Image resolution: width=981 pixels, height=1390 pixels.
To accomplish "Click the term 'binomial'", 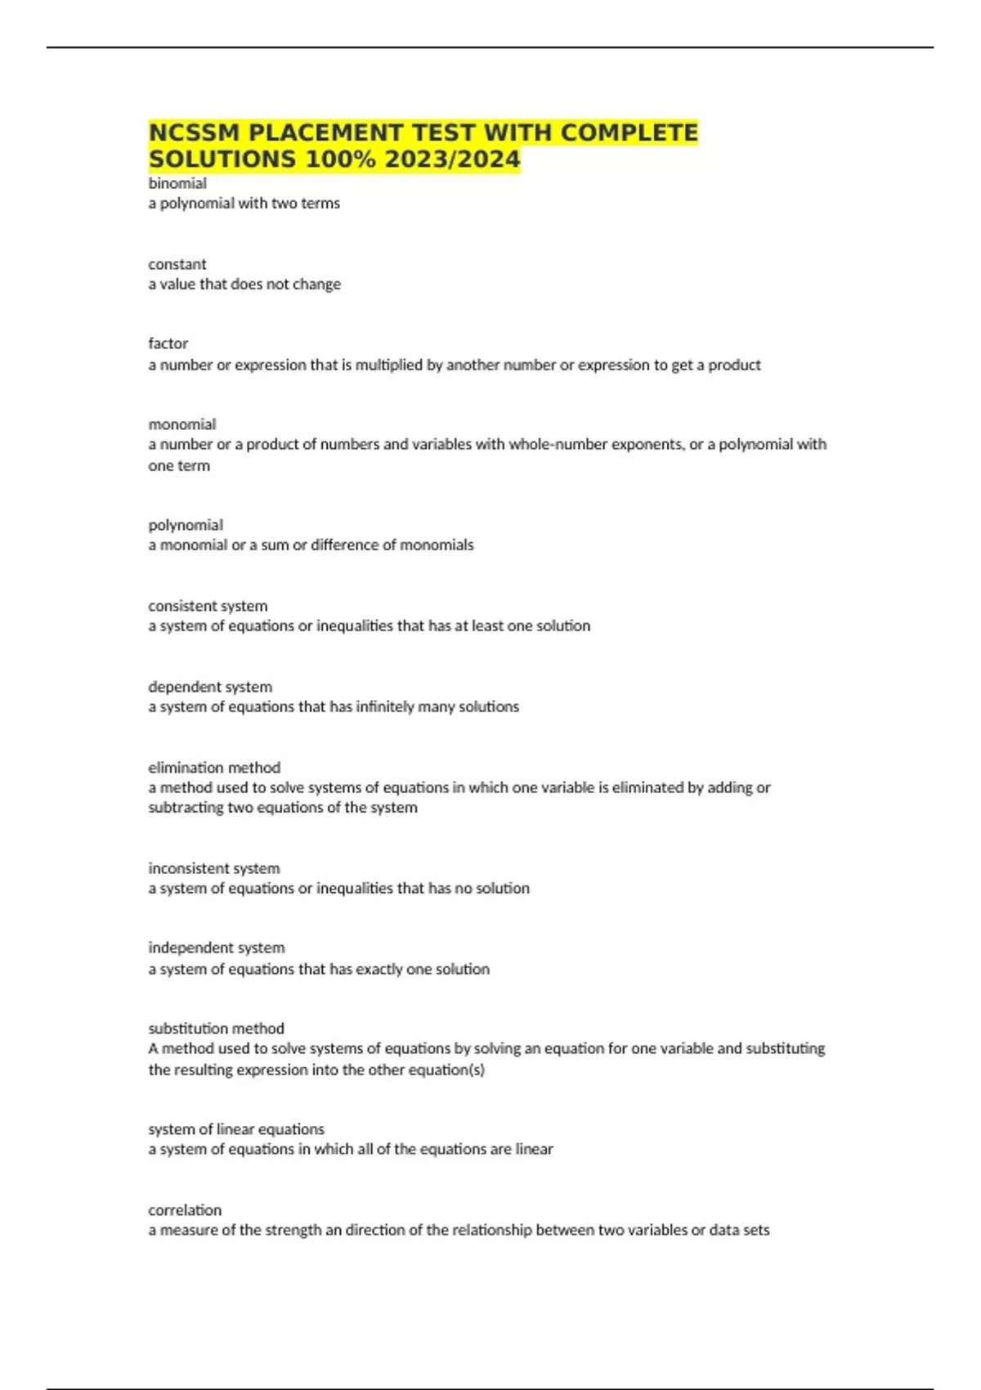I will pos(177,183).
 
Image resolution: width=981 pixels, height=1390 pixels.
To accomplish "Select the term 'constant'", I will pos(177,264).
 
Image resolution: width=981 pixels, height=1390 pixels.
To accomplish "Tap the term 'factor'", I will pos(168,343).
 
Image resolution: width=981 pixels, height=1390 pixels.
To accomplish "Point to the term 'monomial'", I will pos(181,424).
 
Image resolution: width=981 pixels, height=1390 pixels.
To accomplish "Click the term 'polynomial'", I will pos(186,525).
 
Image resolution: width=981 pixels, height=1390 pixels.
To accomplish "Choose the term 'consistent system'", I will pos(208,606).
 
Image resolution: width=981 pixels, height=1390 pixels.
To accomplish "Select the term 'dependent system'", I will pos(210,687).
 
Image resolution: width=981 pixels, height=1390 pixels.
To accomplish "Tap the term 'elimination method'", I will pos(214,768).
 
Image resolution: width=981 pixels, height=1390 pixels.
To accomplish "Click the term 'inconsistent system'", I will pos(213,868).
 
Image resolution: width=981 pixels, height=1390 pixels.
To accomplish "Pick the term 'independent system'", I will pos(217,948).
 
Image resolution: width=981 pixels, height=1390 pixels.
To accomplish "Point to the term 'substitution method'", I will pos(216,1029).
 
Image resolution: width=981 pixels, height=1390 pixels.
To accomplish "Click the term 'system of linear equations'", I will pos(236,1129).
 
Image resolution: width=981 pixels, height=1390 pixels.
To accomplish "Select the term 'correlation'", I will pos(185,1210).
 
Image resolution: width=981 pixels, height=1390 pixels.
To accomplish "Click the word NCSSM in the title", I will pos(194,132).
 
